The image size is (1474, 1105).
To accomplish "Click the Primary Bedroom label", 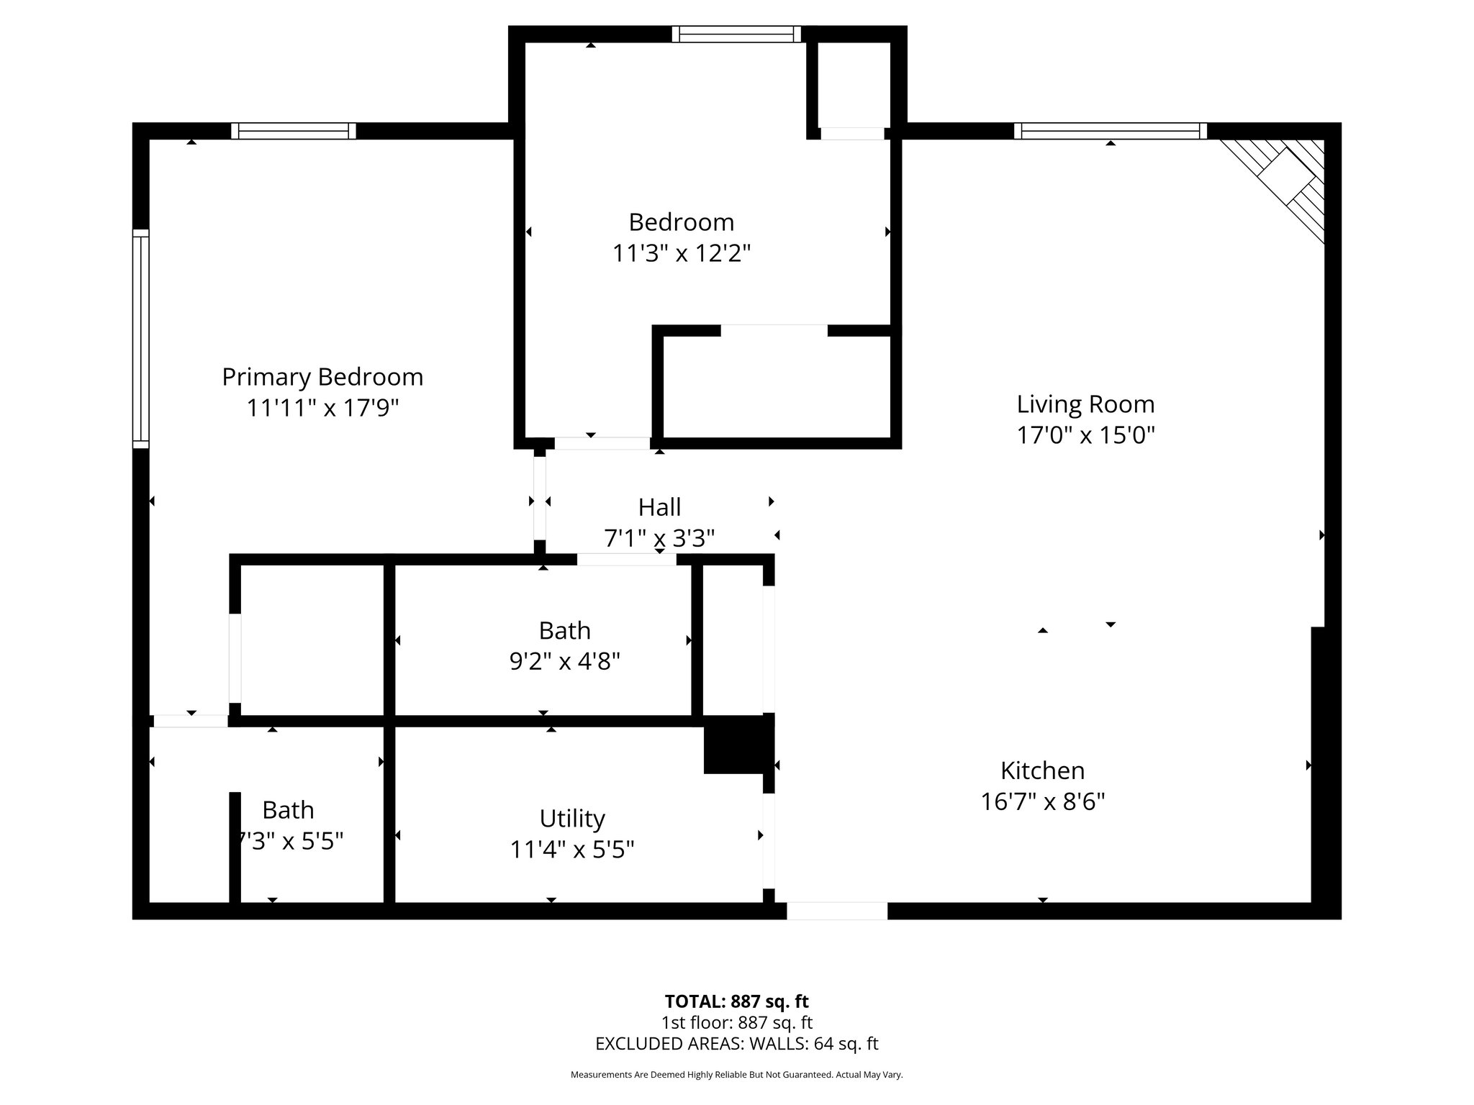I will pyautogui.click(x=322, y=377).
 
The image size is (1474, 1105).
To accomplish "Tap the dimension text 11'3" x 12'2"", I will pyautogui.click(x=681, y=254).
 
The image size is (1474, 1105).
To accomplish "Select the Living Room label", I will pyautogui.click(x=1085, y=404).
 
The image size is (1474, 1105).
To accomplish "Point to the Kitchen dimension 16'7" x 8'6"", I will pyautogui.click(x=1042, y=801).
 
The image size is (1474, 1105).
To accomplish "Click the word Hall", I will pyautogui.click(x=659, y=508).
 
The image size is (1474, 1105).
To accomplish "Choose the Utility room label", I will pyautogui.click(x=572, y=819).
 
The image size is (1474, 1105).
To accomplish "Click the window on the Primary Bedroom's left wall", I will pyautogui.click(x=140, y=338).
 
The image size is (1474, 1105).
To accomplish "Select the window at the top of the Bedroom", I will pyautogui.click(x=736, y=34).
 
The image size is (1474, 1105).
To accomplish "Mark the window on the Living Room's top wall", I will pyautogui.click(x=1111, y=131).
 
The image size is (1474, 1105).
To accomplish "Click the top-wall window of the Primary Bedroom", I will pyautogui.click(x=294, y=131).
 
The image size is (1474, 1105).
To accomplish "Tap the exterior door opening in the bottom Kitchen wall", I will pyautogui.click(x=836, y=911).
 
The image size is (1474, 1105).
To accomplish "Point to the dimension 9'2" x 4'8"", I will pyautogui.click(x=565, y=661).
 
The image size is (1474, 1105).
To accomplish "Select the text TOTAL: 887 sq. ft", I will pyautogui.click(x=736, y=1001).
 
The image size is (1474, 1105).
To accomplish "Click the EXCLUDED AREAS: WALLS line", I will pyautogui.click(x=736, y=1044).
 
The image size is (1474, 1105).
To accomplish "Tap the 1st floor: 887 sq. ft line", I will pyautogui.click(x=736, y=1022).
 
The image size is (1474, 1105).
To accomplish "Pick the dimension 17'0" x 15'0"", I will pyautogui.click(x=1085, y=436).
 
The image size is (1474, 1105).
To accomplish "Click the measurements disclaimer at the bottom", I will pyautogui.click(x=736, y=1075).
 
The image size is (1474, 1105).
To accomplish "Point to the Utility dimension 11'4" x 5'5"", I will pyautogui.click(x=572, y=850).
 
